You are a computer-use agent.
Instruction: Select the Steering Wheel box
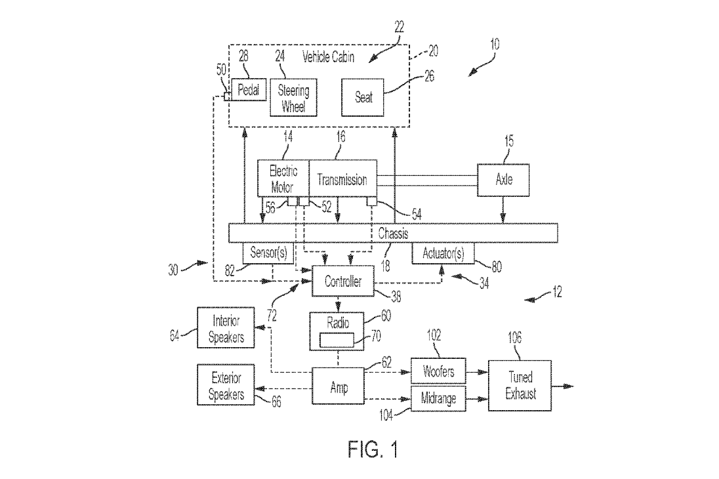[293, 97]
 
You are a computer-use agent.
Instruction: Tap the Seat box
[363, 97]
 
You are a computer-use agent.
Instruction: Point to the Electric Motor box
[283, 178]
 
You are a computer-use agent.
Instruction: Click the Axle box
[503, 178]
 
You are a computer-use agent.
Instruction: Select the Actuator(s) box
[442, 253]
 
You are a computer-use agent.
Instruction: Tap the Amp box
[338, 387]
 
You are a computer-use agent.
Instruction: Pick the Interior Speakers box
[226, 327]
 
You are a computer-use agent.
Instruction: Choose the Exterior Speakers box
[226, 385]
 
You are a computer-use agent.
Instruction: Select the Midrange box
[438, 398]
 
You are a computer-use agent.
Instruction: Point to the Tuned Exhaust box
[520, 385]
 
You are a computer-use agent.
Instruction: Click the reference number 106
[515, 339]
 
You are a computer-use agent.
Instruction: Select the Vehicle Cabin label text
[328, 57]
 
